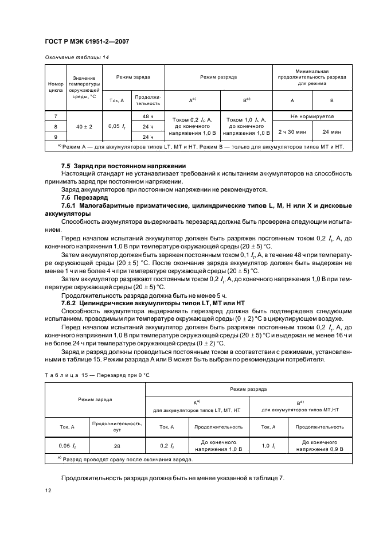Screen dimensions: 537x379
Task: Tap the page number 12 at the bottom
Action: pyautogui.click(x=48, y=491)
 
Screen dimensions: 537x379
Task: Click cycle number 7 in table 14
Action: pyautogui.click(x=55, y=116)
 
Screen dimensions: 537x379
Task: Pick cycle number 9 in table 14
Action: pyautogui.click(x=55, y=137)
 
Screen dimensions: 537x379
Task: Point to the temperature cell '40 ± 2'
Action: pyautogui.click(x=84, y=126)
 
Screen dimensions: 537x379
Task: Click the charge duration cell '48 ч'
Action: pyautogui.click(x=149, y=116)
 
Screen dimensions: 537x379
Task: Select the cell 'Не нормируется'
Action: pyautogui.click(x=312, y=116)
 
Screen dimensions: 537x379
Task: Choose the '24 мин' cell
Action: pyautogui.click(x=332, y=131)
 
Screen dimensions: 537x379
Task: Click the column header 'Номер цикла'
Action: pyautogui.click(x=56, y=87)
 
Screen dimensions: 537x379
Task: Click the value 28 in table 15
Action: pyautogui.click(x=117, y=446)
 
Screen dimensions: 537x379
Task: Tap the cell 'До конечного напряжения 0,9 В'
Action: pyautogui.click(x=320, y=446)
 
